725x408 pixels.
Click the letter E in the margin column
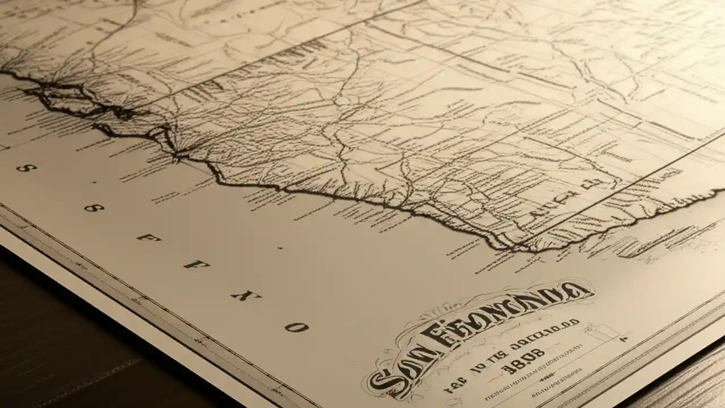coord(147,237)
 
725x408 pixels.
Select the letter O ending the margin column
coord(296,327)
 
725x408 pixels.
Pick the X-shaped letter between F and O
coord(242,295)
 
